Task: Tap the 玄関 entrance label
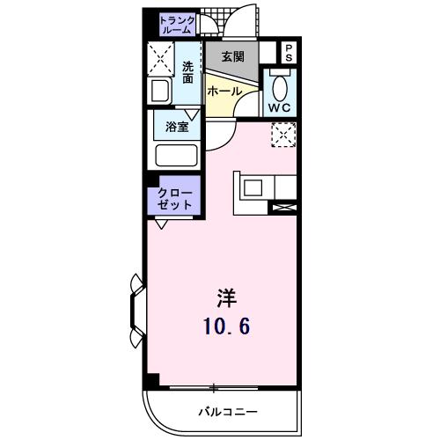(232, 57)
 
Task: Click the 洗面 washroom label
(188, 72)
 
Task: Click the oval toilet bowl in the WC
(281, 89)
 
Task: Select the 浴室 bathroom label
(177, 127)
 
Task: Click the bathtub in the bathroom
(176, 157)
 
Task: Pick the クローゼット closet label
(175, 198)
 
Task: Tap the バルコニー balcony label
(226, 412)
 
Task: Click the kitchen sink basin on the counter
(253, 187)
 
